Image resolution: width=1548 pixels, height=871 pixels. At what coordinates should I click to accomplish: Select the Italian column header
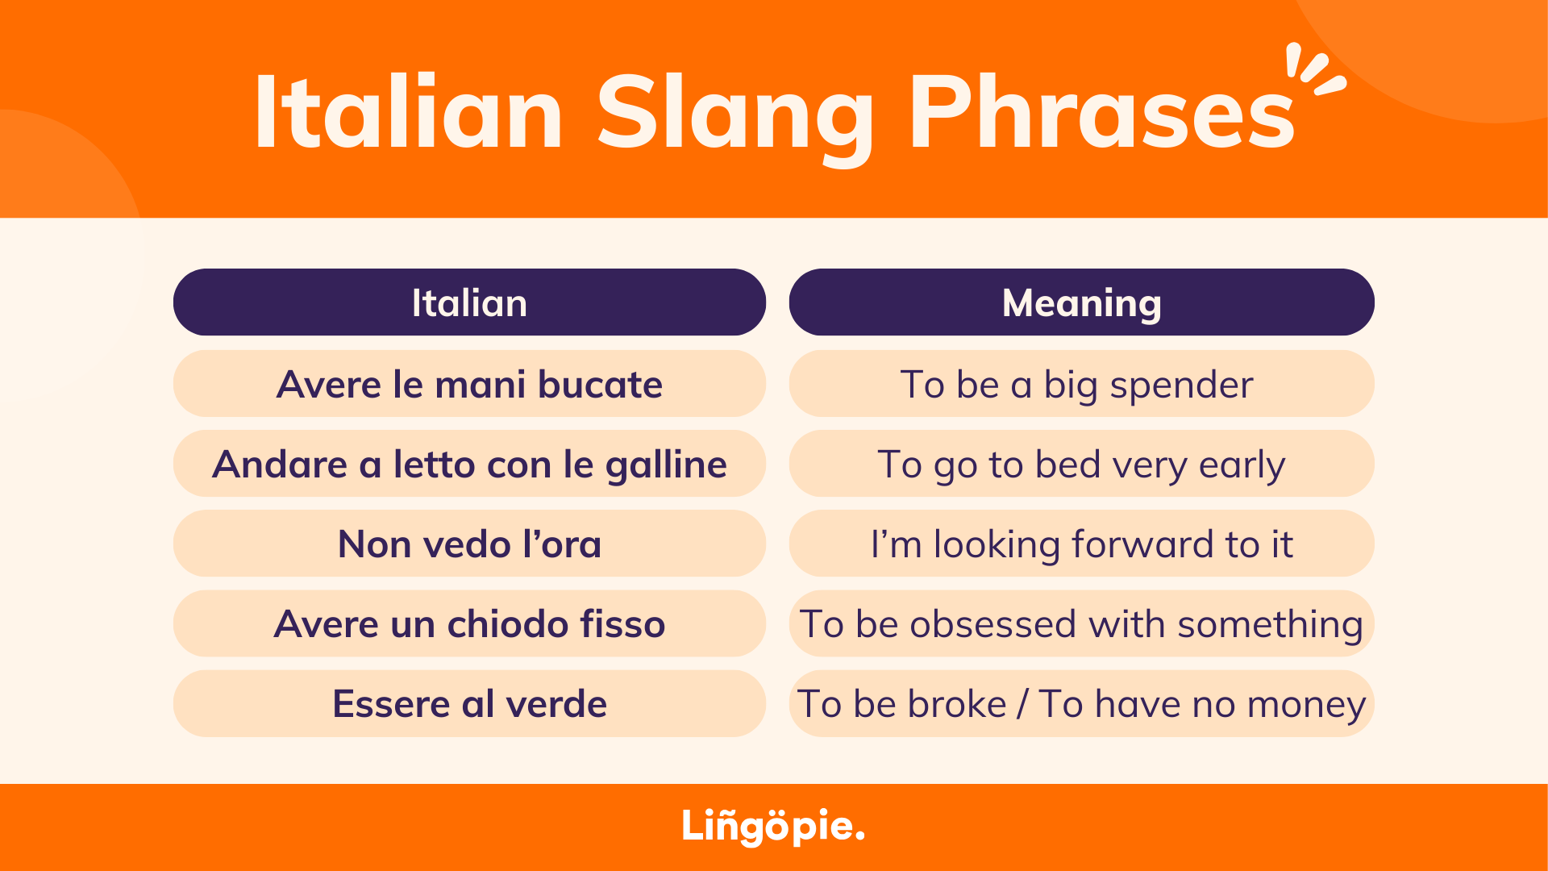469,302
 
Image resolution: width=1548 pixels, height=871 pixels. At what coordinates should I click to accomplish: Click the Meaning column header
1081,302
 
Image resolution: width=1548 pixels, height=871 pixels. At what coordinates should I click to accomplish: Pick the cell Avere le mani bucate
469,383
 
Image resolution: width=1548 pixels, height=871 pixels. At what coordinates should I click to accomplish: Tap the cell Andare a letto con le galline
469,464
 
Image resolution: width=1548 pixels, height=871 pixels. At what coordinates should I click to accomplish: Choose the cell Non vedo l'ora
469,544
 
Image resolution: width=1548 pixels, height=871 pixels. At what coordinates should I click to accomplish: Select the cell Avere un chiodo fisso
469,623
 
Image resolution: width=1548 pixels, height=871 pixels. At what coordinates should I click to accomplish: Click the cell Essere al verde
469,703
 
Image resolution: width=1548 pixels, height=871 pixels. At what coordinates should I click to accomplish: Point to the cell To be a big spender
1081,383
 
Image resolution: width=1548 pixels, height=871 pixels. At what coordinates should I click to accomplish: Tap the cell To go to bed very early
1081,464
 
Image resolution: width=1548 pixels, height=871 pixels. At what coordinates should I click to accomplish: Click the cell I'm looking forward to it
1081,544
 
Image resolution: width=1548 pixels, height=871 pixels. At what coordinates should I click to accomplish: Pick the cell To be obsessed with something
1081,623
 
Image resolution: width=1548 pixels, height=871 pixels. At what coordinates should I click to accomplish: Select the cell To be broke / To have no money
1081,703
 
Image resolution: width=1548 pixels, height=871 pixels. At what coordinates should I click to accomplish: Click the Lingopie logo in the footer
773,827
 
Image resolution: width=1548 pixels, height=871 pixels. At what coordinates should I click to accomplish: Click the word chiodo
508,624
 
